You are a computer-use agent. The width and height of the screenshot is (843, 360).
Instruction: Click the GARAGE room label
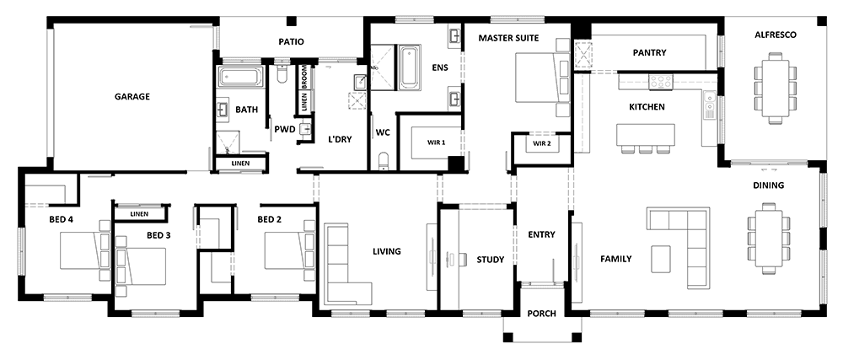tap(132, 97)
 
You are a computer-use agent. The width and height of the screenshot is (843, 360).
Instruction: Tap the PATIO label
tap(291, 41)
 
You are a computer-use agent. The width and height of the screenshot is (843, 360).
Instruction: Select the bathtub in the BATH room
tap(241, 78)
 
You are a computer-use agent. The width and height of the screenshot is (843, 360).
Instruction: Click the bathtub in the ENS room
tap(410, 67)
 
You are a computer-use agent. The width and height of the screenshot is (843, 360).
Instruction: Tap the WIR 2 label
tap(541, 144)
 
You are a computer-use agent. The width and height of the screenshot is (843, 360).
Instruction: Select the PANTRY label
tap(649, 52)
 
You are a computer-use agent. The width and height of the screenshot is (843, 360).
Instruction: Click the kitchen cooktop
tap(660, 82)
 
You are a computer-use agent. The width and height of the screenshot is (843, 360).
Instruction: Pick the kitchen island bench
tap(646, 135)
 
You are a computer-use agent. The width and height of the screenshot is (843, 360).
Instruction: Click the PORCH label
tap(541, 314)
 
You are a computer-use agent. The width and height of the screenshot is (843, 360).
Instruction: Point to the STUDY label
tap(490, 260)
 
